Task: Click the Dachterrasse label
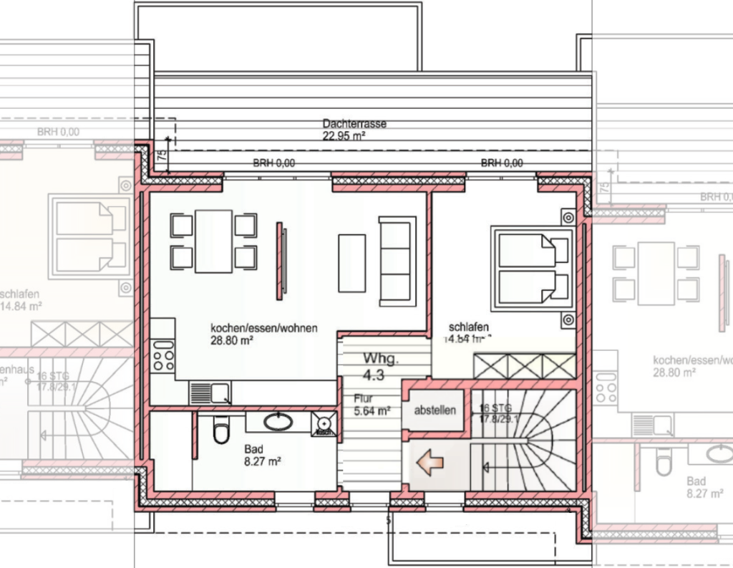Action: click(354, 124)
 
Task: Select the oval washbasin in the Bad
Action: click(278, 421)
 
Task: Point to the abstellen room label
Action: click(435, 411)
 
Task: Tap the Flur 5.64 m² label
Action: click(370, 405)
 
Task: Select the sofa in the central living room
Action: click(397, 261)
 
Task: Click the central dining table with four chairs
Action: click(213, 241)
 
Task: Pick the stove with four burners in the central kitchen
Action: click(163, 357)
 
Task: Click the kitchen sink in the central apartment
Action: click(210, 393)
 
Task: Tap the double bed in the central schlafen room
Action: click(530, 266)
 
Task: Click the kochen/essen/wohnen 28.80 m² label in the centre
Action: click(263, 334)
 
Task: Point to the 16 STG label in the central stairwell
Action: click(495, 409)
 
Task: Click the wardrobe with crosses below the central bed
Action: click(524, 366)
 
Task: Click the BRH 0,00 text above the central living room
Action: click(273, 163)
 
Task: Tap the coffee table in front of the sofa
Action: click(351, 262)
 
